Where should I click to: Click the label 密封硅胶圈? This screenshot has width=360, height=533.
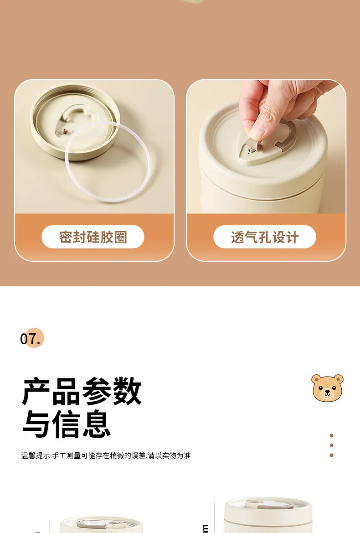coord(93,237)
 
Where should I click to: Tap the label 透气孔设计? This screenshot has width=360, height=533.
coord(265,237)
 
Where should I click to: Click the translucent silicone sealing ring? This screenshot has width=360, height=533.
coord(108,162)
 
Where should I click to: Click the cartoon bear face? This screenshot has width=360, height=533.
coord(327,388)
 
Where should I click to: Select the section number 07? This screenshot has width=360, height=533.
coord(31,339)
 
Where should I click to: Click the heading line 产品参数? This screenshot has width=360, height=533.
coord(82,391)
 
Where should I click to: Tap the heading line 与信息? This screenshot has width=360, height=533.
coord(67,424)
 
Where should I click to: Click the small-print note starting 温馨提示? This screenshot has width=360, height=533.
coord(106,455)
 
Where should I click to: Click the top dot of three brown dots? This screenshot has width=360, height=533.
coord(331,435)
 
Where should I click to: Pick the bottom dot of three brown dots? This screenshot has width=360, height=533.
coord(331,455)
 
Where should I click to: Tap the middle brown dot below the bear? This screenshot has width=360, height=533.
coord(331,445)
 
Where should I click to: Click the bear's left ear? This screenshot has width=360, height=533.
coord(316,379)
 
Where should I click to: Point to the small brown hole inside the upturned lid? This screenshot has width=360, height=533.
coord(64,130)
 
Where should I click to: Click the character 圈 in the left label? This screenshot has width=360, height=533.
coord(121,237)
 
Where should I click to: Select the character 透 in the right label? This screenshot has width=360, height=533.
coord(238,237)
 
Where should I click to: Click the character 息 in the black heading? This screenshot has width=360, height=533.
coord(97,424)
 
